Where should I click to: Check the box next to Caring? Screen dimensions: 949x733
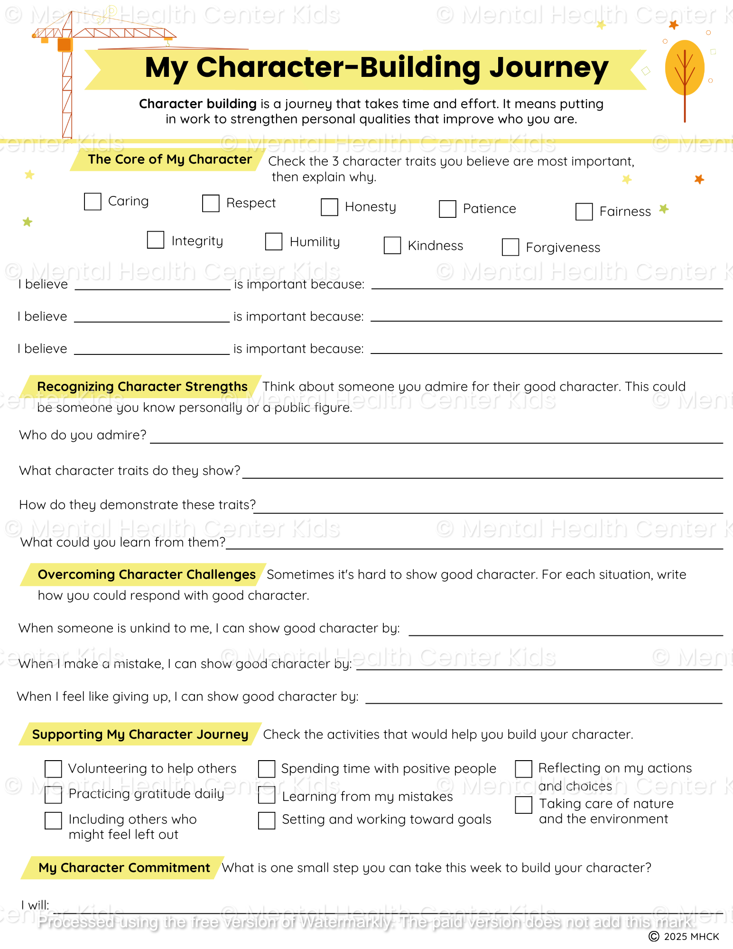pyautogui.click(x=93, y=201)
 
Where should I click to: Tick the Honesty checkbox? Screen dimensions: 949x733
pyautogui.click(x=329, y=207)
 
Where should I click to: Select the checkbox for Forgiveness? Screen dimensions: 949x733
pyautogui.click(x=510, y=247)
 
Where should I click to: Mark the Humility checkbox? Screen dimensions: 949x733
pyautogui.click(x=274, y=242)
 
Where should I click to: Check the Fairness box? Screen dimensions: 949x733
pyautogui.click(x=584, y=212)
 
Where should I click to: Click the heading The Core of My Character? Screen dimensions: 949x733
pyautogui.click(x=169, y=159)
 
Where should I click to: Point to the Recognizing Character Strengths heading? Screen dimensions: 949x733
pyautogui.click(x=142, y=387)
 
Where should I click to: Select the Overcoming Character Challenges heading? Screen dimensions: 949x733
pyautogui.click(x=147, y=575)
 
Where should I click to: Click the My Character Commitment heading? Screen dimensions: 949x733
pyautogui.click(x=124, y=868)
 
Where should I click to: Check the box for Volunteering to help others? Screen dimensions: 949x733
pyautogui.click(x=53, y=769)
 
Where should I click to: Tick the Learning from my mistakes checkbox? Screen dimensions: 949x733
pyautogui.click(x=267, y=795)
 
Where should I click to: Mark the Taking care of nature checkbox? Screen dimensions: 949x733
pyautogui.click(x=524, y=805)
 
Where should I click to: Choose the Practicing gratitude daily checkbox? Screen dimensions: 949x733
pyautogui.click(x=53, y=795)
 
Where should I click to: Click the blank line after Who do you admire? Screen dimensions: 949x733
pyautogui.click(x=436, y=441)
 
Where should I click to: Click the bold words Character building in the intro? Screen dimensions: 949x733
pyautogui.click(x=197, y=104)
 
